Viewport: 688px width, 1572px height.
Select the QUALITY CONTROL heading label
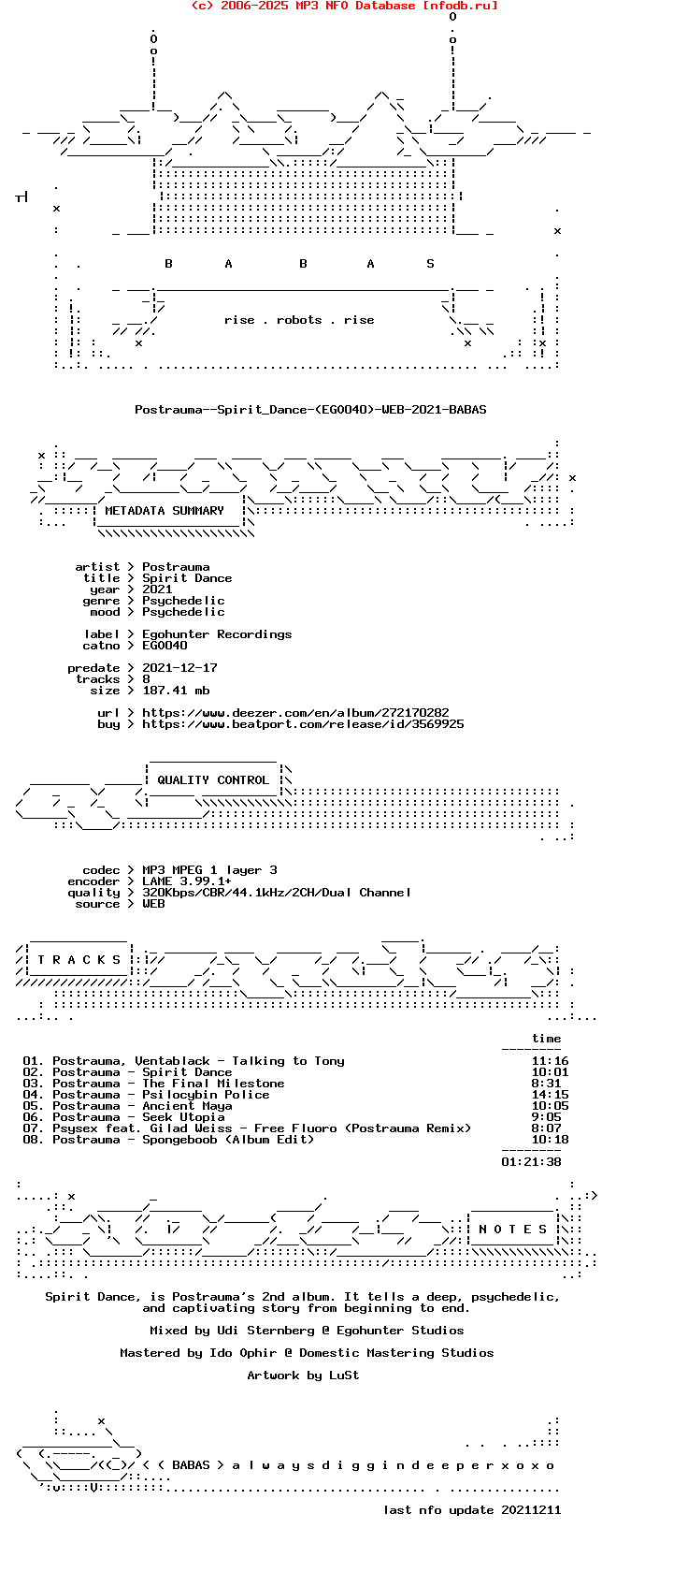[212, 780]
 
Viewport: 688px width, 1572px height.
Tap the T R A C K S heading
[79, 960]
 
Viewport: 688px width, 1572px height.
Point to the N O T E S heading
[512, 1230]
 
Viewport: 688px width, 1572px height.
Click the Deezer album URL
[295, 713]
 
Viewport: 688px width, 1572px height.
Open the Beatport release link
[303, 724]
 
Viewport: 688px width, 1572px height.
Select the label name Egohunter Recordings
[217, 634]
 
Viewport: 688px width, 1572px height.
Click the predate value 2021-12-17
[179, 668]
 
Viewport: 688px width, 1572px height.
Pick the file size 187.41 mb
[176, 691]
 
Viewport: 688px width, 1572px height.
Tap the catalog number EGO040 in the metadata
[165, 646]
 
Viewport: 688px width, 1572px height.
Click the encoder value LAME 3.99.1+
[187, 881]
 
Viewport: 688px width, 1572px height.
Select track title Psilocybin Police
[206, 1095]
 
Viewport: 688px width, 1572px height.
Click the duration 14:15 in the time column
[550, 1095]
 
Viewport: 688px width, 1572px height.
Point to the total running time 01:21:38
[531, 1162]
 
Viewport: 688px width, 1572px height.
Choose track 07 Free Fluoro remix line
[247, 1128]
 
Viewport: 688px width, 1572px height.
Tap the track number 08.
[33, 1140]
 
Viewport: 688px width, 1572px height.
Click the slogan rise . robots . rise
[299, 320]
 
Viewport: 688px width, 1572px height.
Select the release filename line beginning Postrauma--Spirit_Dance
[310, 410]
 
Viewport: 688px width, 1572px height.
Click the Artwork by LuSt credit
[303, 1375]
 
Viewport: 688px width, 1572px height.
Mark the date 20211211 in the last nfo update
[531, 1510]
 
